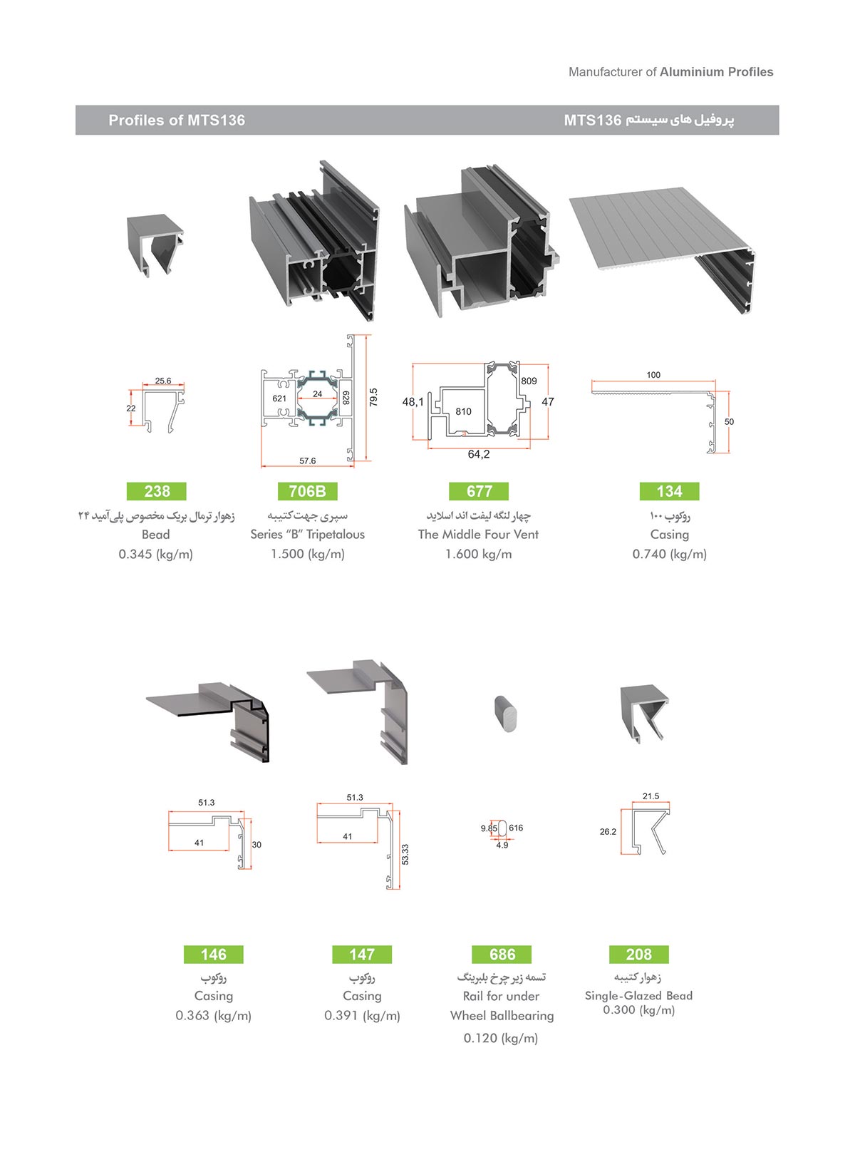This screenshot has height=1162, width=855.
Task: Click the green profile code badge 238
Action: (x=156, y=490)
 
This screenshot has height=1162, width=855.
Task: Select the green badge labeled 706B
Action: (x=308, y=490)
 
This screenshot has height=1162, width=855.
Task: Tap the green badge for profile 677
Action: (x=479, y=490)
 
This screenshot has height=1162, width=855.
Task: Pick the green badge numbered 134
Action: (x=669, y=490)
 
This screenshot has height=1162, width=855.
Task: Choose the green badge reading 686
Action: (x=502, y=954)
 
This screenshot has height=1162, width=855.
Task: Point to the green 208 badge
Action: (x=639, y=954)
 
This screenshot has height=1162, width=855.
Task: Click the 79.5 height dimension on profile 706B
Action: (x=374, y=397)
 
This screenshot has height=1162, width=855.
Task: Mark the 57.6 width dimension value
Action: (x=308, y=461)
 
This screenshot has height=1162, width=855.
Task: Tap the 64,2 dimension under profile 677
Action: (x=479, y=454)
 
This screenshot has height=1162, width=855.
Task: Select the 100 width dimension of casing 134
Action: (x=653, y=374)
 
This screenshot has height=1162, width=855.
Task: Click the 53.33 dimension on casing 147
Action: (x=405, y=854)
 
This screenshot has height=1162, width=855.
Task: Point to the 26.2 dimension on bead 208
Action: (x=608, y=831)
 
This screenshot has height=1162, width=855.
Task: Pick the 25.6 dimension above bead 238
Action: (x=163, y=381)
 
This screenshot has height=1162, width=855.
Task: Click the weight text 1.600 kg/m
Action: (x=479, y=554)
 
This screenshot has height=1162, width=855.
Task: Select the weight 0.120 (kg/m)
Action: (x=501, y=1037)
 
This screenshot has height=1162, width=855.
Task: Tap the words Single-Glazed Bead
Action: (x=639, y=995)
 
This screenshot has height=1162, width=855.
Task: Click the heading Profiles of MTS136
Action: (x=177, y=120)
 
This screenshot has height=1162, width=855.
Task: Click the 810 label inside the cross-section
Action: (x=464, y=411)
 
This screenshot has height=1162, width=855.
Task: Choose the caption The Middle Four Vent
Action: (x=478, y=535)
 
